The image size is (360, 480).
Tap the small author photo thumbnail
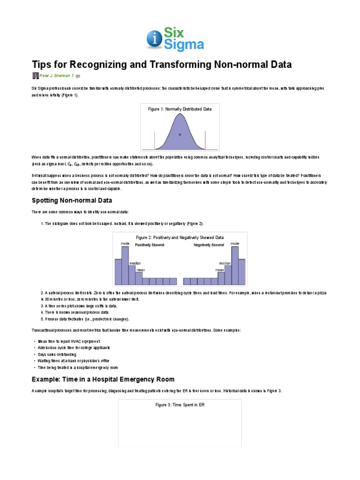pyautogui.click(x=36, y=75)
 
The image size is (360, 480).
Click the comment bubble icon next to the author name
pyautogui.click(x=78, y=76)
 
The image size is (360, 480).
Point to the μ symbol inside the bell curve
pyautogui.click(x=180, y=135)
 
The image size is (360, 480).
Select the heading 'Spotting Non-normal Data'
pyautogui.click(x=72, y=201)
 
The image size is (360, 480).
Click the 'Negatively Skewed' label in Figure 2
pyautogui.click(x=209, y=245)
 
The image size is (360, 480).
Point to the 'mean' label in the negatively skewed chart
pyautogui.click(x=219, y=270)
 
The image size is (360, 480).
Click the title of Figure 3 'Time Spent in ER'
pyautogui.click(x=180, y=405)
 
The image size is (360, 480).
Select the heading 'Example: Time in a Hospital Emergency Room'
pyautogui.click(x=103, y=379)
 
